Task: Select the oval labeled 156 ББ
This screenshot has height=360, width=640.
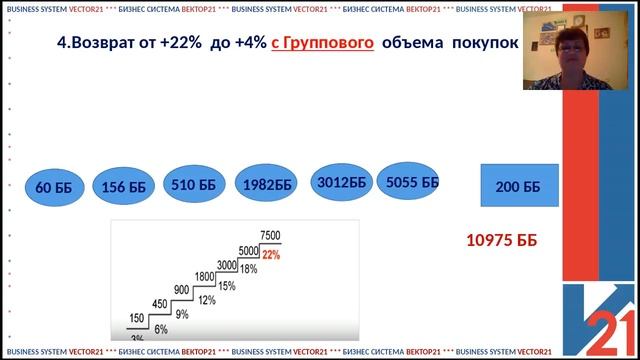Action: [x=124, y=186]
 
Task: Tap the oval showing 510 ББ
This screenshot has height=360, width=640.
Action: [x=194, y=184]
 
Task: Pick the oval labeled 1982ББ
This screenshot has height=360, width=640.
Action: [x=267, y=184]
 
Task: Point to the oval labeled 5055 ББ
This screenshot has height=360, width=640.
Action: [x=412, y=182]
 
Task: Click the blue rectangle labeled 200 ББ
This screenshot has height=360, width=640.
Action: [x=517, y=187]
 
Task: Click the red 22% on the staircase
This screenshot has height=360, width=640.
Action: [x=271, y=256]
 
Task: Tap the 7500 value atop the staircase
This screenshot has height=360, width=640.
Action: [x=270, y=235]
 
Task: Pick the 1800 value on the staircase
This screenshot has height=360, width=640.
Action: [x=204, y=277]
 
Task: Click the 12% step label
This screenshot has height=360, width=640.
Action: [x=207, y=300]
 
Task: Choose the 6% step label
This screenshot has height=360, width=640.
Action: [x=160, y=329]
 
